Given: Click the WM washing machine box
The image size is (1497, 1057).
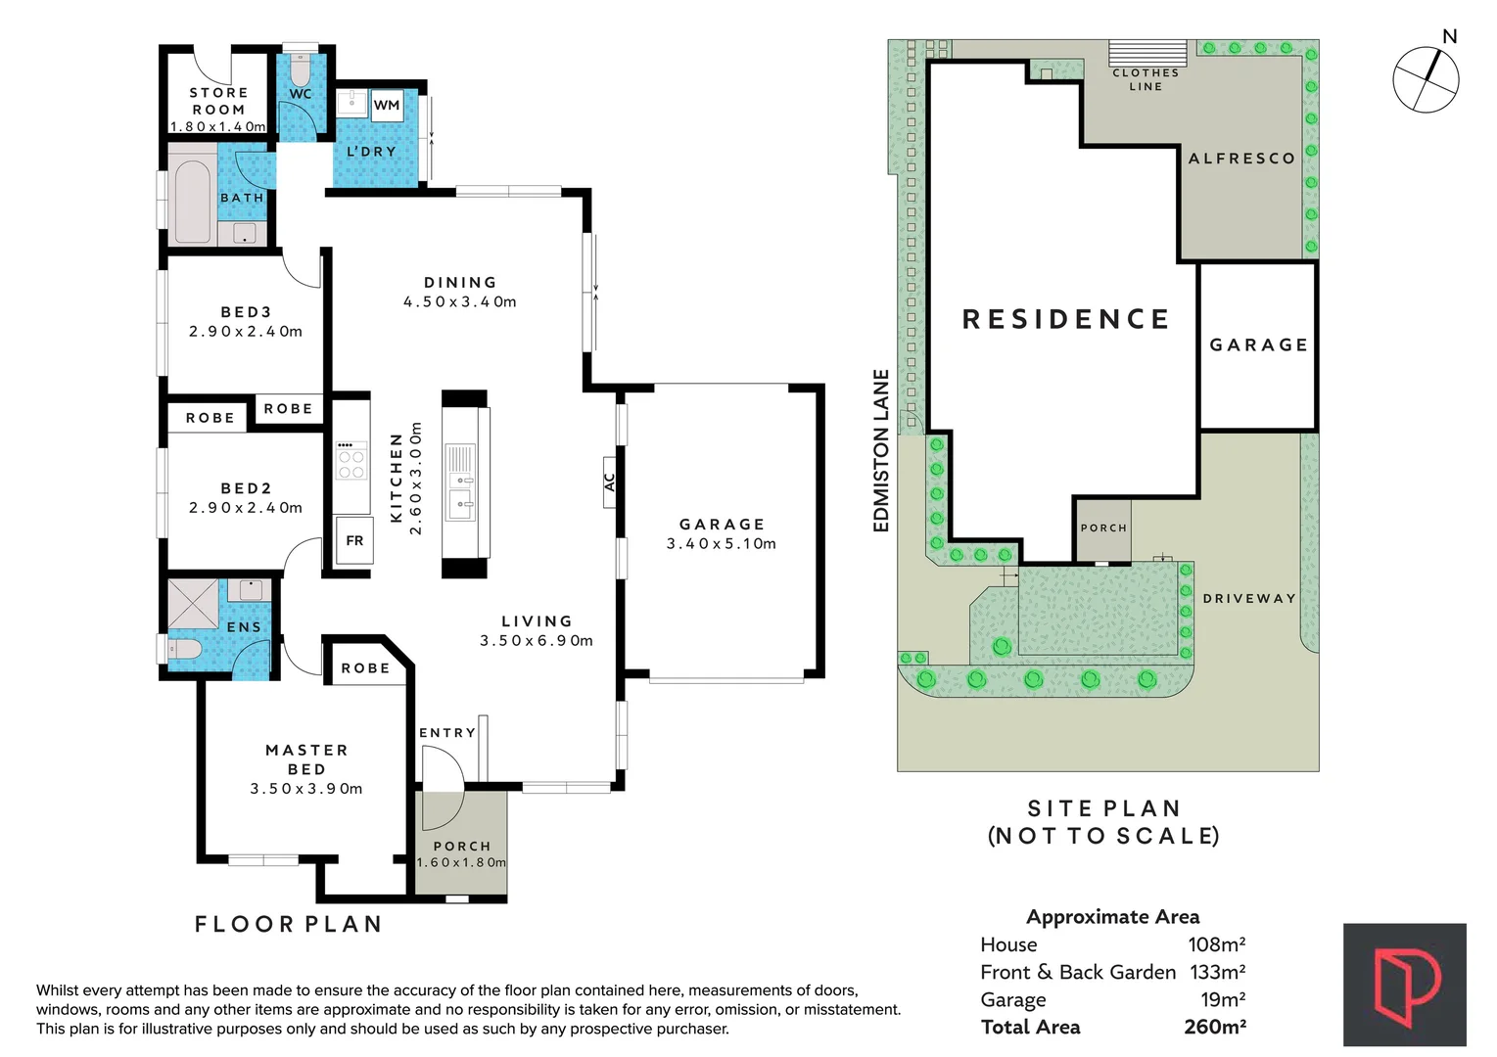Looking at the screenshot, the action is pyautogui.click(x=387, y=105).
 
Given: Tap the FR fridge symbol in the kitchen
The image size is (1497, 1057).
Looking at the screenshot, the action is pyautogui.click(x=354, y=540).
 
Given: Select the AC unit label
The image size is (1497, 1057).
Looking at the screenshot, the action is pyautogui.click(x=609, y=482).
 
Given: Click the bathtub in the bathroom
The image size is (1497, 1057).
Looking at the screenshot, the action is pyautogui.click(x=193, y=201).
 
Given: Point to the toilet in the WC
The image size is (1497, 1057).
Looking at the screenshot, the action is pyautogui.click(x=300, y=68).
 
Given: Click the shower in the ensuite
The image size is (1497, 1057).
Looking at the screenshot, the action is pyautogui.click(x=193, y=604).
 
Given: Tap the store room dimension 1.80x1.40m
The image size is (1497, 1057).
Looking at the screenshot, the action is pyautogui.click(x=218, y=126).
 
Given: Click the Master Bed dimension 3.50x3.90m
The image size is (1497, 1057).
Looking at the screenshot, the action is pyautogui.click(x=306, y=789).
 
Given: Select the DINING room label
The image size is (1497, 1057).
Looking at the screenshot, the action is pyautogui.click(x=460, y=282).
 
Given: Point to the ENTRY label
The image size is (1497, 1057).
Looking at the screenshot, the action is pyautogui.click(x=447, y=732).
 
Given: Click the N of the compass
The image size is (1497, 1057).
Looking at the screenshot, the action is pyautogui.click(x=1450, y=36).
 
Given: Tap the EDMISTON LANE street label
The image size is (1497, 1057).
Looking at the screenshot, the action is pyautogui.click(x=881, y=450).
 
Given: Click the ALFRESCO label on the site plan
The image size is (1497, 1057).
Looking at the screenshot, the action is pyautogui.click(x=1241, y=159).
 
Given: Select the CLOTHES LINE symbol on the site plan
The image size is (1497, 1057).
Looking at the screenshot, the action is pyautogui.click(x=1147, y=53).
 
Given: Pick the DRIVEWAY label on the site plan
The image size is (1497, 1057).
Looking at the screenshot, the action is pyautogui.click(x=1249, y=598).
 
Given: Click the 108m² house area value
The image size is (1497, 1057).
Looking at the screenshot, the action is pyautogui.click(x=1216, y=944).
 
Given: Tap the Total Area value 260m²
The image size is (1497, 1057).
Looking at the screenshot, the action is pyautogui.click(x=1215, y=1027).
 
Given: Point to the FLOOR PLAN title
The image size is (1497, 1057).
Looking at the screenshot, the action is pyautogui.click(x=289, y=924).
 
